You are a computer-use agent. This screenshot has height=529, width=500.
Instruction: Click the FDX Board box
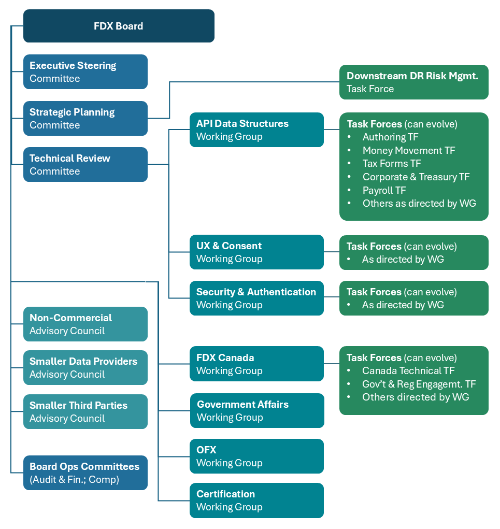[x=119, y=26]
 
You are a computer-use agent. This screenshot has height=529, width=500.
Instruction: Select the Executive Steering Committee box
[x=85, y=72]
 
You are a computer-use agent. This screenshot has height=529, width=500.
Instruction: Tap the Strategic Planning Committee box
[x=85, y=118]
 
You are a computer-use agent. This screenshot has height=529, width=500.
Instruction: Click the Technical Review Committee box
[x=85, y=164]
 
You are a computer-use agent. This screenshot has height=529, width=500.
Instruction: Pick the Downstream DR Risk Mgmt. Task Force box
[x=413, y=82]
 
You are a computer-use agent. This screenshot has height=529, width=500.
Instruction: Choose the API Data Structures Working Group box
[x=256, y=130]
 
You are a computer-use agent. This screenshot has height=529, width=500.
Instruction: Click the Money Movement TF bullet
[x=408, y=150]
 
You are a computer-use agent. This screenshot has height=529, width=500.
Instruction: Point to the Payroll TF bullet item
[x=384, y=190]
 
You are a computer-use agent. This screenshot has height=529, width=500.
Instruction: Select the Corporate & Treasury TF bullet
[x=416, y=177]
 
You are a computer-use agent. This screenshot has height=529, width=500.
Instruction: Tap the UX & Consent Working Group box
[x=256, y=252]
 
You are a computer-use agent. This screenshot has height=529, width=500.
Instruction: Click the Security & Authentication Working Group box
[x=256, y=298]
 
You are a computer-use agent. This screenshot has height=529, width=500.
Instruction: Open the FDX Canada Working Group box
[x=256, y=364]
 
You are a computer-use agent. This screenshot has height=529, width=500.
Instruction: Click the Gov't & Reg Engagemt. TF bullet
[x=419, y=384]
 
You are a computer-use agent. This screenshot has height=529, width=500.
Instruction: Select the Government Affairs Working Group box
[x=257, y=410]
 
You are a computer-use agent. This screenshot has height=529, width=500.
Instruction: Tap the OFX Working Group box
[x=256, y=456]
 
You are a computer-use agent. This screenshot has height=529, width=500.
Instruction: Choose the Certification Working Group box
[x=256, y=501]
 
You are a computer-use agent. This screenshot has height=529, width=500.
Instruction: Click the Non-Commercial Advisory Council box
[x=85, y=324]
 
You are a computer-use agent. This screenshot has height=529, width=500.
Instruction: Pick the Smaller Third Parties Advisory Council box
[x=85, y=411]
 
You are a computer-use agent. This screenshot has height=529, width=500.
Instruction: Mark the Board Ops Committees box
[x=85, y=473]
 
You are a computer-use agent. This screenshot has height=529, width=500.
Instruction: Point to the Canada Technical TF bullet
[x=408, y=370]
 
